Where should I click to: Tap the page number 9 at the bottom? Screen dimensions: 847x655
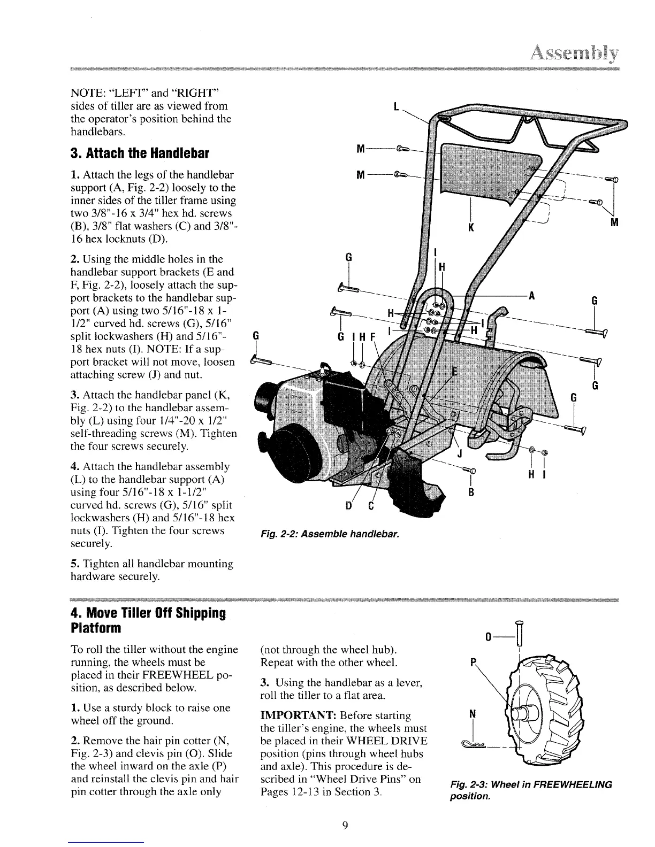point(345,825)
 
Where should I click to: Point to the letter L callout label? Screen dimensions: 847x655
point(395,107)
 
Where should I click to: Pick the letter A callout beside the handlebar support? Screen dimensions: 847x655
point(531,297)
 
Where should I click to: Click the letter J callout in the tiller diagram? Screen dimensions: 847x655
point(459,455)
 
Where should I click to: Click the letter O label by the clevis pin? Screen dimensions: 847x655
point(488,637)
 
